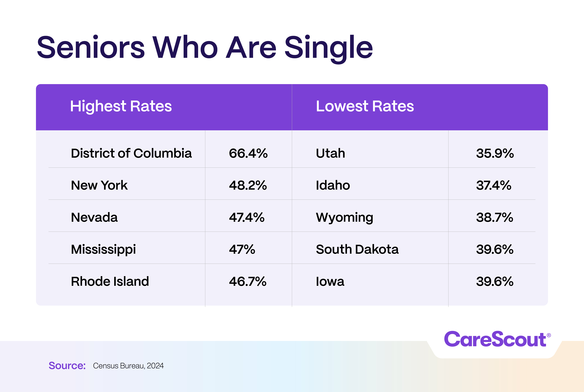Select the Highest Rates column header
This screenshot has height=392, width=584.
(121, 106)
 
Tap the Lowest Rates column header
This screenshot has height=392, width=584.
(365, 106)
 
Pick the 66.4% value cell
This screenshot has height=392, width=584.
(248, 153)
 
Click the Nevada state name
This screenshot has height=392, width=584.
(94, 217)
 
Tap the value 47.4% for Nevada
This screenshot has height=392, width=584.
(246, 217)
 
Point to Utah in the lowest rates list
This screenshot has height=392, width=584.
(330, 153)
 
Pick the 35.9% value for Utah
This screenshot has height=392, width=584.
(495, 153)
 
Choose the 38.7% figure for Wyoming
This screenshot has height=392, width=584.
(494, 217)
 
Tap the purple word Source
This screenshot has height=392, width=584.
(67, 366)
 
